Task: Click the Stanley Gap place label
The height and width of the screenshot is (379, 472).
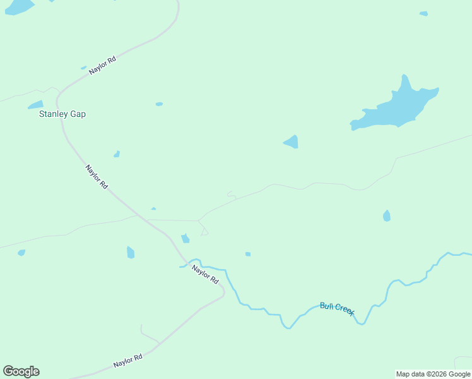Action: click(62, 114)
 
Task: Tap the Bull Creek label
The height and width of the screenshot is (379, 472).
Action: click(337, 308)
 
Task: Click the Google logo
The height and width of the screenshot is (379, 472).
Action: click(21, 371)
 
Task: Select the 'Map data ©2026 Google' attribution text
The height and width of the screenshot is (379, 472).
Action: click(434, 374)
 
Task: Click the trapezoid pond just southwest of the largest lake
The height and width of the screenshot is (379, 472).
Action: click(292, 142)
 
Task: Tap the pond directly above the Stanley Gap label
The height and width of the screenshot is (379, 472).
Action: click(35, 105)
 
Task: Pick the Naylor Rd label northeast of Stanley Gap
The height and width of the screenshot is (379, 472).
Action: click(102, 66)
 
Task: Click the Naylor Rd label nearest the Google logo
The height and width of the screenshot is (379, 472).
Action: click(128, 361)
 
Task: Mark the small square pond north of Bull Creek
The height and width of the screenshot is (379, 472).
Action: click(248, 254)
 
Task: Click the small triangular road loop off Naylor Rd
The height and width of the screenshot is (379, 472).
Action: click(204, 232)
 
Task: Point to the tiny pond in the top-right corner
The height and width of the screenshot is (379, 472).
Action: click(423, 13)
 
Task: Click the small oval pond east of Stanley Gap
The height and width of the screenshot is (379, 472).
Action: click(159, 104)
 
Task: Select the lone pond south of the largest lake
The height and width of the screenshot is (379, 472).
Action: click(387, 216)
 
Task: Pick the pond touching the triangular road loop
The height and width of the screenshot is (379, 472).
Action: click(186, 238)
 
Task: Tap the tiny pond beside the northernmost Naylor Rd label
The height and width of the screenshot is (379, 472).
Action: click(83, 68)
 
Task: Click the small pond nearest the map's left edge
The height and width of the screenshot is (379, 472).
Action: click(21, 253)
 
